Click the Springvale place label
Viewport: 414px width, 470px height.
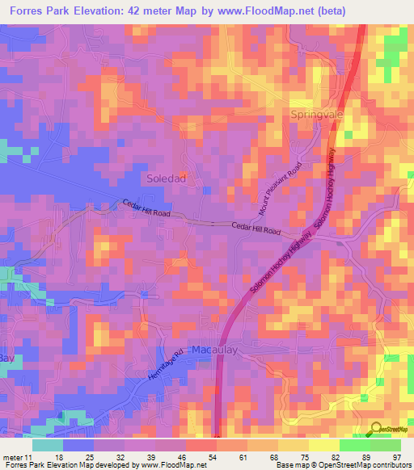[x=317, y=115]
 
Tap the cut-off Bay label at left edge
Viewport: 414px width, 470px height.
[x=7, y=357]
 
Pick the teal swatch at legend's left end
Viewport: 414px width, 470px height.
[x=48, y=445]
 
